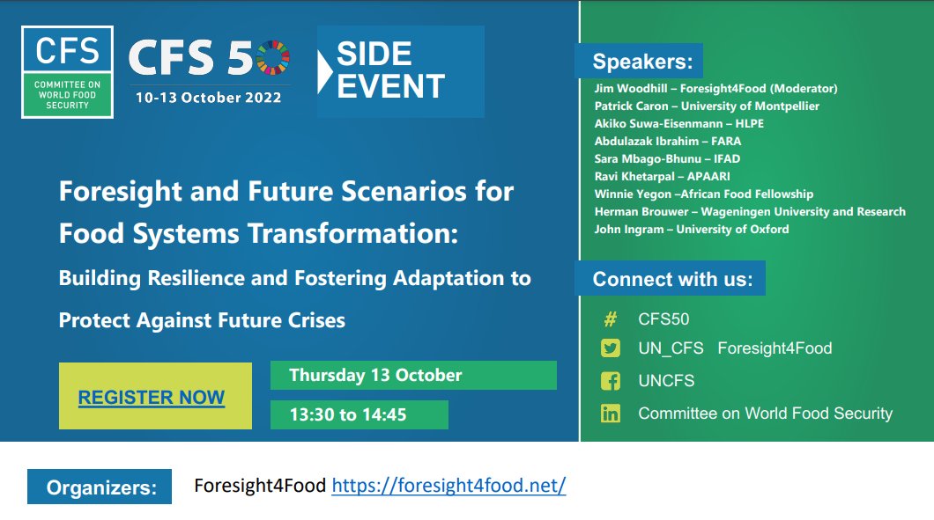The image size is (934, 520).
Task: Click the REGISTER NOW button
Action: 152,397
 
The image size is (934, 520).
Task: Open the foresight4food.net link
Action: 448,486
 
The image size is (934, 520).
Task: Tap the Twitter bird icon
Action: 610,348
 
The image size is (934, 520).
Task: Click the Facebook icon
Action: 610,381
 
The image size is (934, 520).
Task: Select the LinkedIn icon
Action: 610,414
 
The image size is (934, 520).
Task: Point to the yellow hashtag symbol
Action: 610,319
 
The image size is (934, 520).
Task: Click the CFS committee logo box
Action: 68,72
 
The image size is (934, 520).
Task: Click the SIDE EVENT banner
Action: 401,71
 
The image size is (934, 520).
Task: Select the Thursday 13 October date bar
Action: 412,375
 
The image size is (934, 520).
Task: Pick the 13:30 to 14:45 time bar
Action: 359,414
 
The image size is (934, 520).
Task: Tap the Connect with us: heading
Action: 671,279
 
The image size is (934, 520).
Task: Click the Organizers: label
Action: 100,487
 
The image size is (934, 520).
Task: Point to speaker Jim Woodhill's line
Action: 715,89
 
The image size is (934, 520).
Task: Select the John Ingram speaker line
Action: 692,230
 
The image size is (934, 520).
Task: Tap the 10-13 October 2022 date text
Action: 208,98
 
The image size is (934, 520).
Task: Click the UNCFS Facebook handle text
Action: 666,381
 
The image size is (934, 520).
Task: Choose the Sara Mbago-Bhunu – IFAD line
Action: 667,159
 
